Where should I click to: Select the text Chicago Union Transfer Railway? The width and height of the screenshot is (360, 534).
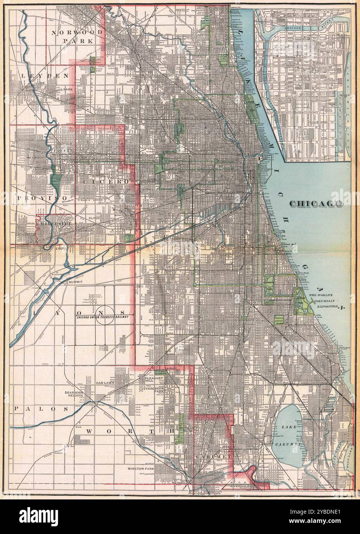[x=102, y=317]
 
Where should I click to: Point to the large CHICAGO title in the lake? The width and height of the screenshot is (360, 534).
[x=316, y=204]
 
